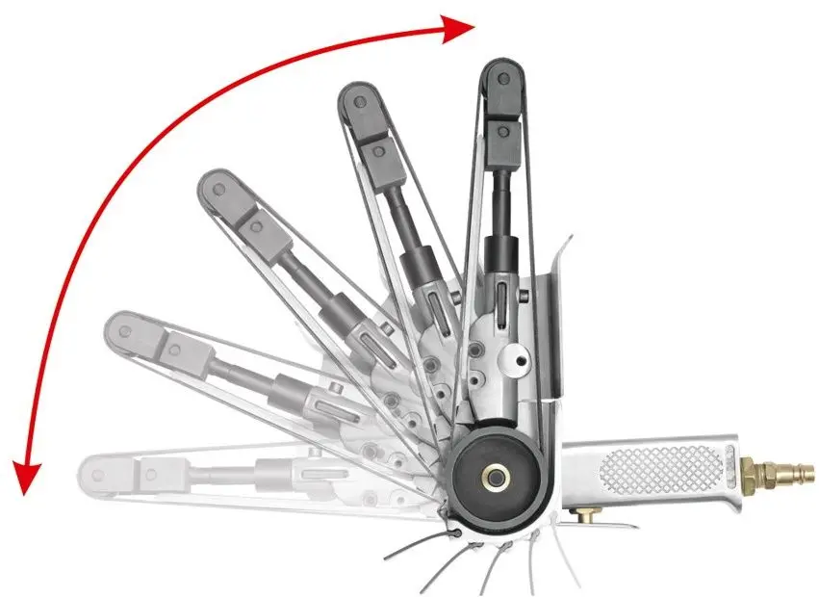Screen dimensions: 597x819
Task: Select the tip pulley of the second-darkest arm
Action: coord(355,100)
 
